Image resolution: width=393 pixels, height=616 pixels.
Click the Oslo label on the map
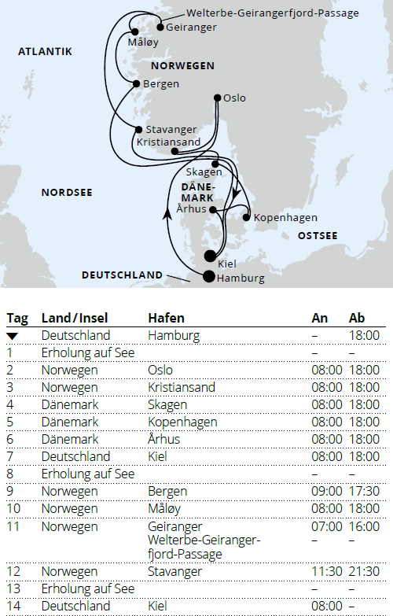point(234,98)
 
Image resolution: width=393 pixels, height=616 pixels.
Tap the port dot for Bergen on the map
point(137,83)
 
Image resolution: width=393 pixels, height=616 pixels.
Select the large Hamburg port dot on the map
point(208,276)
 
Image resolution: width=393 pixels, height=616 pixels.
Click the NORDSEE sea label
point(67,192)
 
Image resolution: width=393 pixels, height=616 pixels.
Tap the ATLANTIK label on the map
point(45,52)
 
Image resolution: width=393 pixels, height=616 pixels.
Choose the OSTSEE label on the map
point(318,235)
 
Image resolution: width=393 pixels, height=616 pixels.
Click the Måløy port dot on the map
point(134,32)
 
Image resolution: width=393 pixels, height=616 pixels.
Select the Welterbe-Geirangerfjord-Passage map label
point(273,13)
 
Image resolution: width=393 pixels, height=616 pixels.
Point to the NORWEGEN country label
point(182,66)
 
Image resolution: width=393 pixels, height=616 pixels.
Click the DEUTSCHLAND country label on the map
point(122,275)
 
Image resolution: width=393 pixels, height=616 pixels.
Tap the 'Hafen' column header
point(166,318)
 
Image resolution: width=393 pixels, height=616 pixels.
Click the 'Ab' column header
point(357,318)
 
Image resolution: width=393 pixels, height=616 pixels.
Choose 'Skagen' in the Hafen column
point(167,404)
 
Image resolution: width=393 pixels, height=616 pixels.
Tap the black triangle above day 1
point(12,335)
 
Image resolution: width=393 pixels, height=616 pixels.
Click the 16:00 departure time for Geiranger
point(365,526)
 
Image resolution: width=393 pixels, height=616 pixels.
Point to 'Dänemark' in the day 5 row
point(70,422)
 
